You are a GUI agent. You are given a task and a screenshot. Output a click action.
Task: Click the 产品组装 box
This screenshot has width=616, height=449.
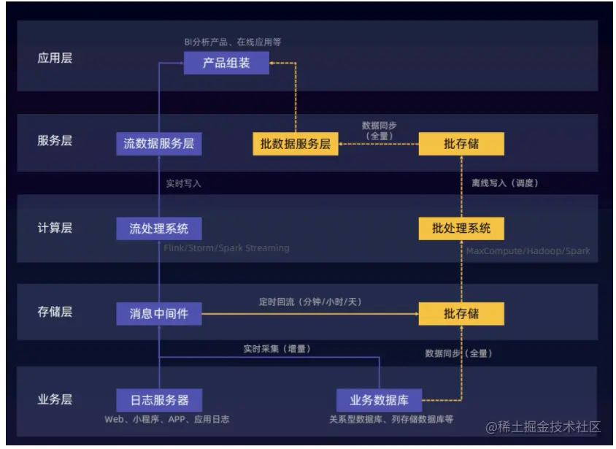[x=226, y=63]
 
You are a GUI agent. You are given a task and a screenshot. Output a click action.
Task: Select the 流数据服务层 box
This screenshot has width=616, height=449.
[x=159, y=144]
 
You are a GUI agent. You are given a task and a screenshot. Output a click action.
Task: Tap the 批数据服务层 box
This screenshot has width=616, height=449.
[x=296, y=144]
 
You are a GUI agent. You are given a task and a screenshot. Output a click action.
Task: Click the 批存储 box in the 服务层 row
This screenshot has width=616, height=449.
[x=461, y=144]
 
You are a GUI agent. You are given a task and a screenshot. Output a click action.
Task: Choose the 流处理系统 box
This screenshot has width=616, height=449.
[x=159, y=229]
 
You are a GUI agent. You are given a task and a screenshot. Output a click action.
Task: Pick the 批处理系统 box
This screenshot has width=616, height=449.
[x=461, y=229]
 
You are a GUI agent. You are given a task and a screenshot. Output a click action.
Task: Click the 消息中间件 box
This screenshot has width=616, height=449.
[x=159, y=314]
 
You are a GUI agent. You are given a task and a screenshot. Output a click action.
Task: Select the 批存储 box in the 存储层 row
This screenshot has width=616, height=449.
[x=461, y=314]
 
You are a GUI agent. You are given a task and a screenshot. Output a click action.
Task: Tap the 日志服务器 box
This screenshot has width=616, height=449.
[x=159, y=400]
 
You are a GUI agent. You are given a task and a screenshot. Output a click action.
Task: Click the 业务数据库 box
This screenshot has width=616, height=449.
[x=379, y=400]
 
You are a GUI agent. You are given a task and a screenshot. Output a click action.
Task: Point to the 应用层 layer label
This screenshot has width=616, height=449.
[x=55, y=58]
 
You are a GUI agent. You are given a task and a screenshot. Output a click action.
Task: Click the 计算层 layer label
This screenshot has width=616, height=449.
[x=55, y=228]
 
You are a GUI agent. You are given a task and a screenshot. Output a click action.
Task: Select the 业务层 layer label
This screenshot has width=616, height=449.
[x=55, y=399]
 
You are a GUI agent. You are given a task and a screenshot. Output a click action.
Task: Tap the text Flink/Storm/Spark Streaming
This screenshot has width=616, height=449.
[x=226, y=248]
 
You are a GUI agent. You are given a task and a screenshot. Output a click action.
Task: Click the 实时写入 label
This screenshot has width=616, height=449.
[x=182, y=184]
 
